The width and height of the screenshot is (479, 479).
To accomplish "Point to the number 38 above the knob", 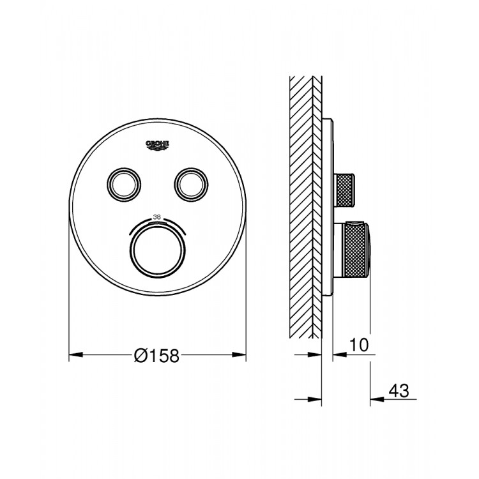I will pyautogui.click(x=156, y=216).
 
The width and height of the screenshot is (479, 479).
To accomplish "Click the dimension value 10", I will pyautogui.click(x=359, y=346).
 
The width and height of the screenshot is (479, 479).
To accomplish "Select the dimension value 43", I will pyautogui.click(x=397, y=389).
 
